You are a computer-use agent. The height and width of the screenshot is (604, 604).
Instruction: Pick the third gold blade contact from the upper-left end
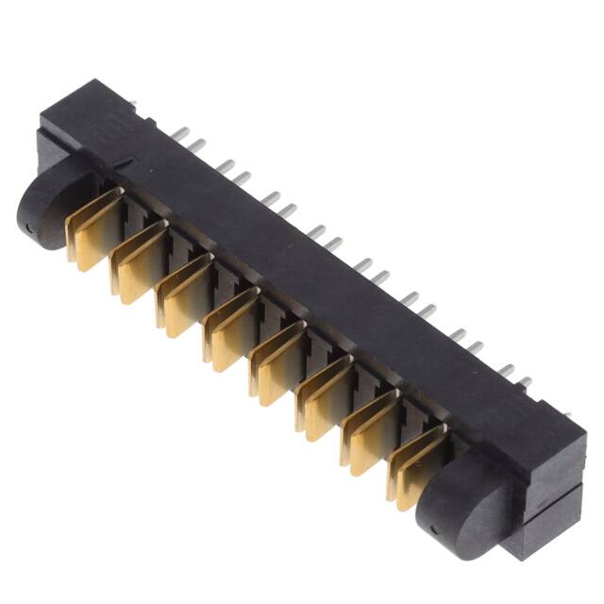185,294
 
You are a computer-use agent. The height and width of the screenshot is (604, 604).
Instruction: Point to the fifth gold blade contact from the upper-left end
277,361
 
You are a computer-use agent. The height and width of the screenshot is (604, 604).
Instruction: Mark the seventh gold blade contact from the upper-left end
369,430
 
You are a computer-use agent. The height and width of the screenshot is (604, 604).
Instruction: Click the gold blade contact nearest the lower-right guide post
415,464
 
